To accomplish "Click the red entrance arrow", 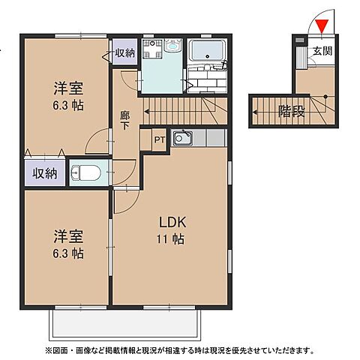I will pos(322,28).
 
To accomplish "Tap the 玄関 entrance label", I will pos(323,52).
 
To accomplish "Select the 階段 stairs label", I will pos(291,112).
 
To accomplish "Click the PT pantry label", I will pos(160,139).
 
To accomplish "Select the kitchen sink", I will pos(182,138).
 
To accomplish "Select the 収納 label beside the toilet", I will pos(43,174).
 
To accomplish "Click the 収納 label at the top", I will pos(125,52).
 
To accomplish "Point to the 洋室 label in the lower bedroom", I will pos(67,235).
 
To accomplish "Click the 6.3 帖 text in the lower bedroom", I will pos(67,253).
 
